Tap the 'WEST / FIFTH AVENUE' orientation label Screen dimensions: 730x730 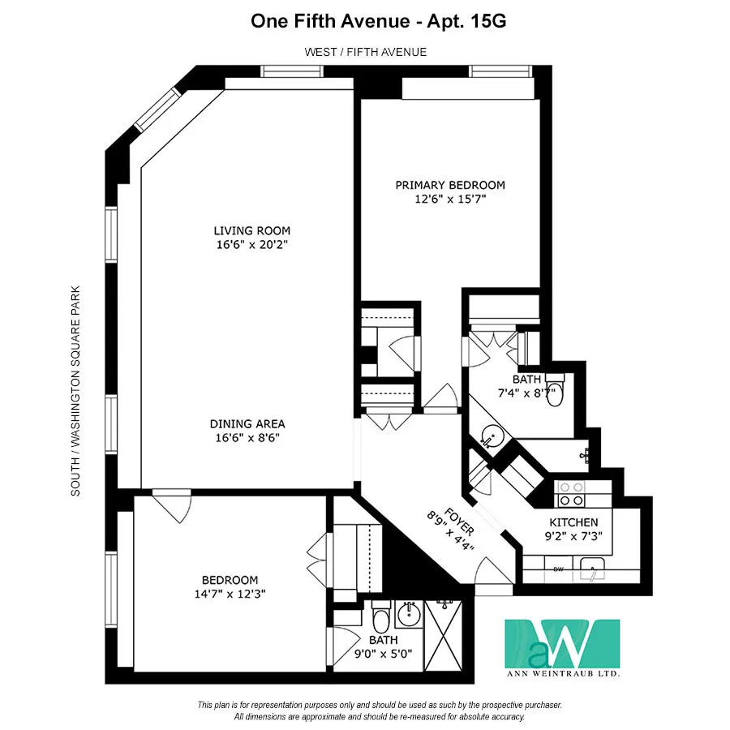tap(365, 52)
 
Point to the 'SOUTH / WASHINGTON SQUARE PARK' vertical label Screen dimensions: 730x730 tap(75, 390)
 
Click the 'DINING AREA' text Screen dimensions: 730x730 tap(247, 423)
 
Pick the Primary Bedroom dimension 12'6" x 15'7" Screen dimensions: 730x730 tap(450, 198)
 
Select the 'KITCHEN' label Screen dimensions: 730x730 tap(573, 522)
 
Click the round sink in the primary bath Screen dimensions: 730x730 tap(492, 437)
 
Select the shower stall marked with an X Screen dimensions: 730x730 tap(447, 638)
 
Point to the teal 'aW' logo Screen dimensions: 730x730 tap(562, 644)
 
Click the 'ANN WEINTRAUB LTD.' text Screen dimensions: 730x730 tap(563, 673)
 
